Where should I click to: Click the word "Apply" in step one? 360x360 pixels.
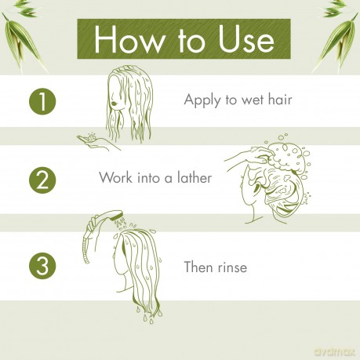click(x=201, y=100)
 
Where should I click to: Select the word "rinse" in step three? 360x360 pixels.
click(x=231, y=267)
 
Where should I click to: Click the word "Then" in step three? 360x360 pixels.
click(x=198, y=267)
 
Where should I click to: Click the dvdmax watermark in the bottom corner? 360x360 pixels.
click(x=333, y=352)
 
